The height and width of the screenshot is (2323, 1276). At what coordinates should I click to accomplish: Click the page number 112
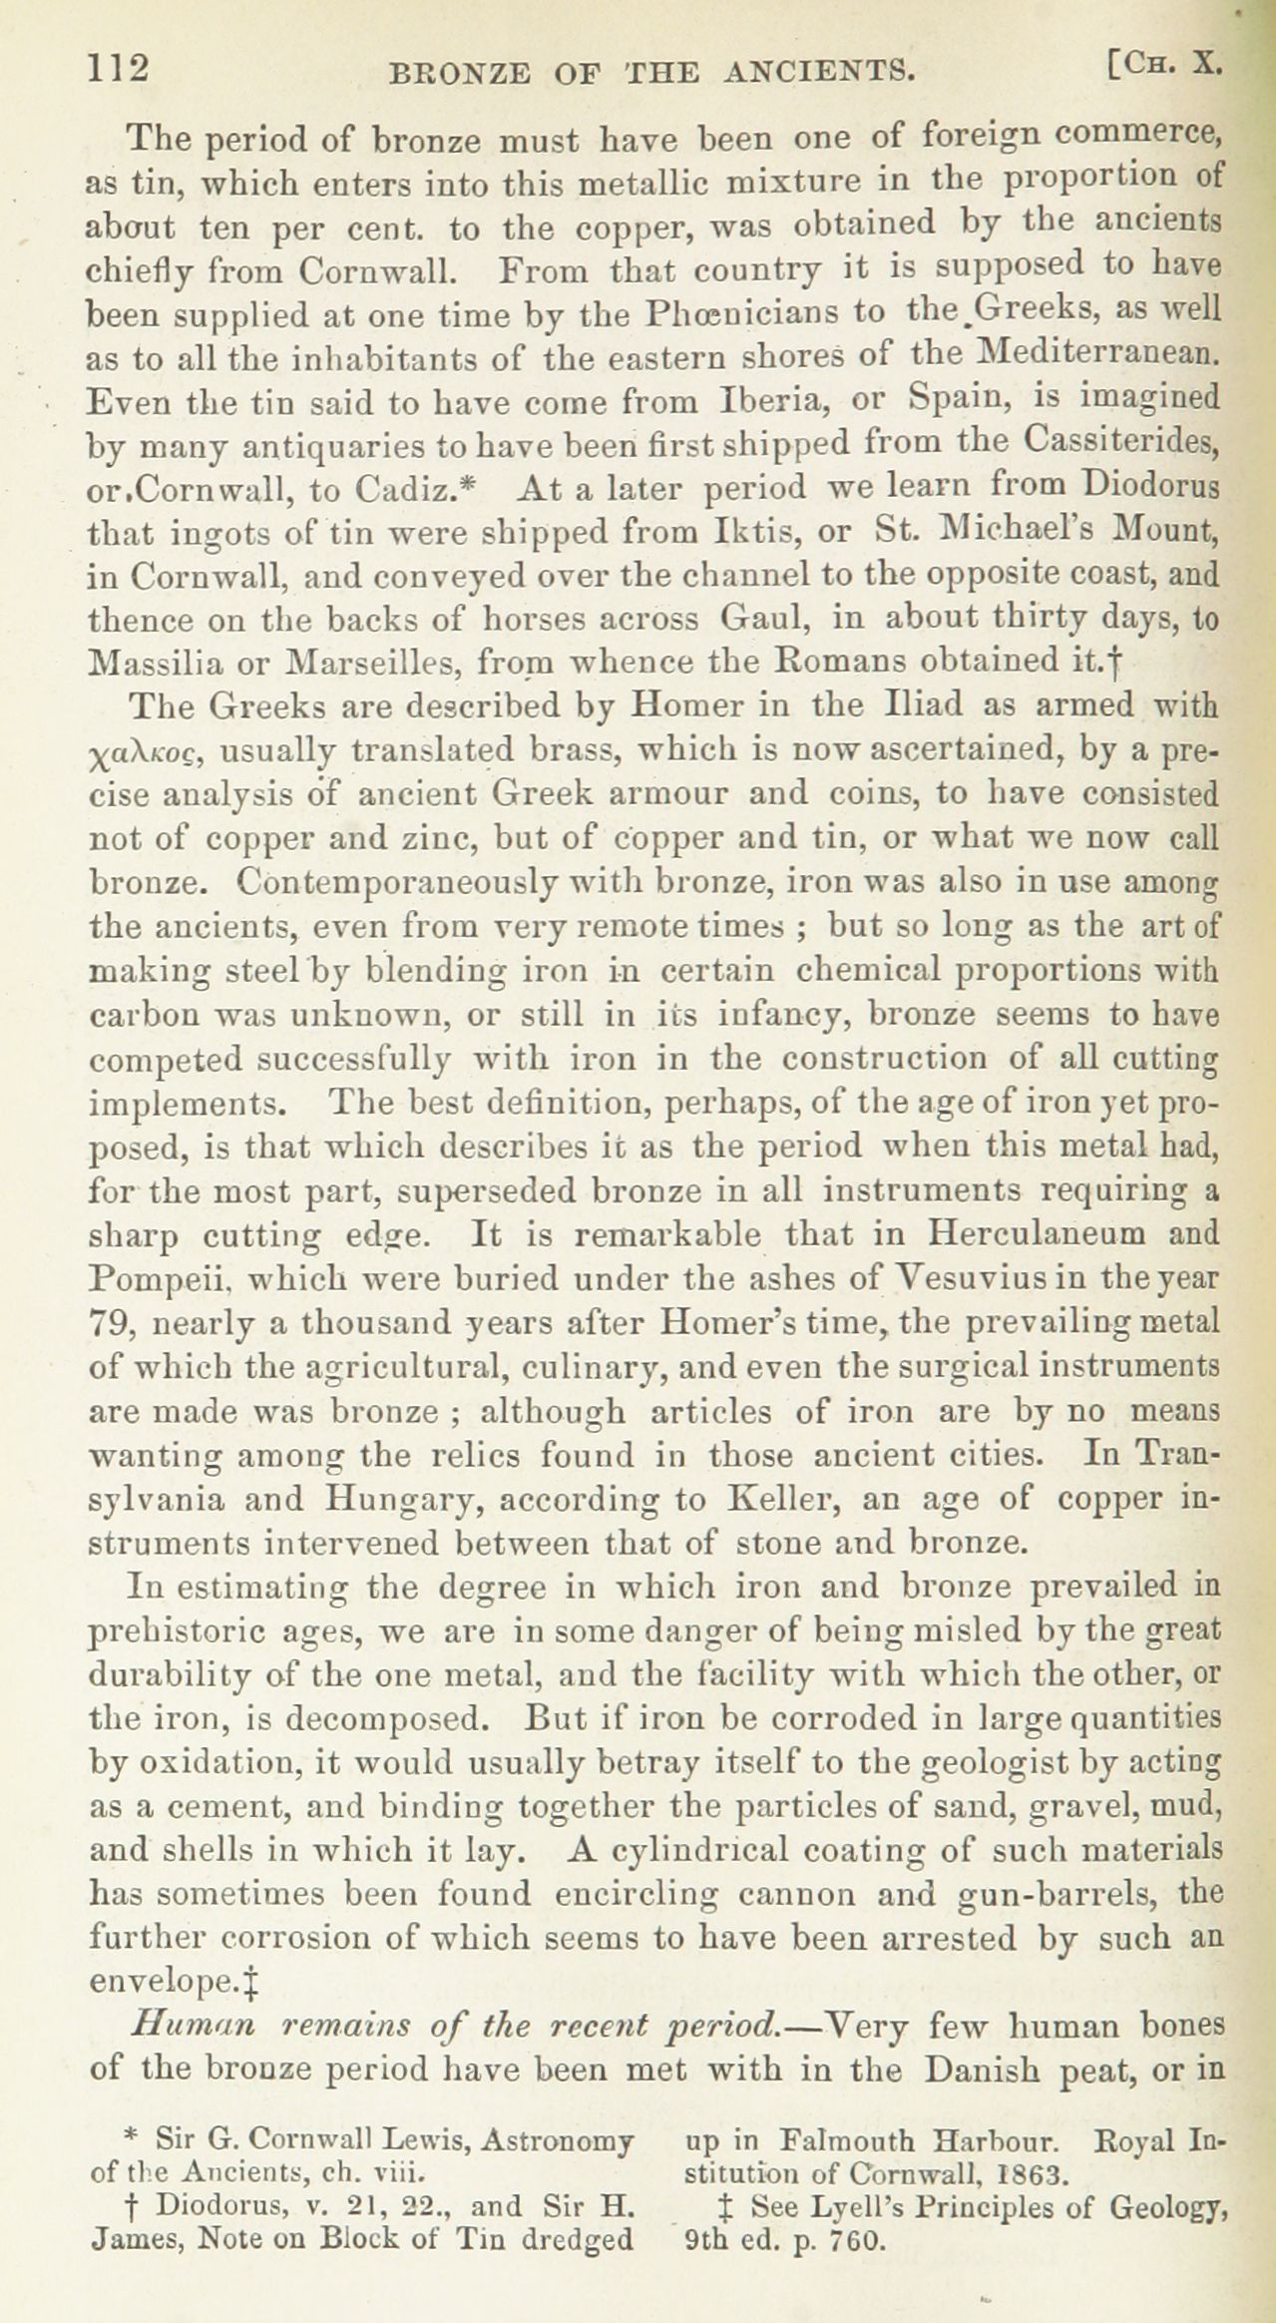pyautogui.click(x=119, y=68)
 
